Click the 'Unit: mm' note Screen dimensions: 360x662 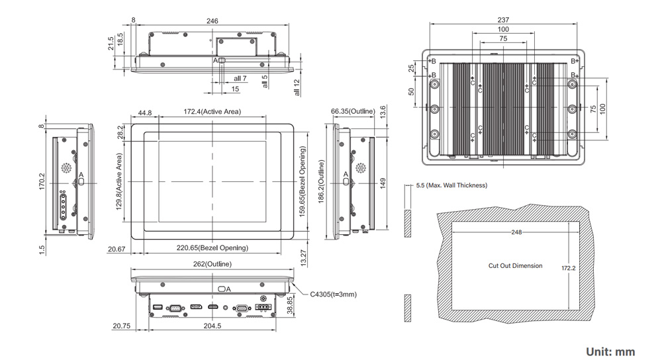coord(610,351)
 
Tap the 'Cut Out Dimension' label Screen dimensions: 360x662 coord(515,265)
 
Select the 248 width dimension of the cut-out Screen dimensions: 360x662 coord(516,232)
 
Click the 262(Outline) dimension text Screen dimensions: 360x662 coord(212,263)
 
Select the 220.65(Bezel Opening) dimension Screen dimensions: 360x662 coord(212,247)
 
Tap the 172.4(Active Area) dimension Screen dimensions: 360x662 coord(212,112)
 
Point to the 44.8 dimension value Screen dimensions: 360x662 coord(145,112)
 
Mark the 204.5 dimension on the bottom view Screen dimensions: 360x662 coord(213,326)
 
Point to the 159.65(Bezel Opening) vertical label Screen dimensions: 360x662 coord(302,183)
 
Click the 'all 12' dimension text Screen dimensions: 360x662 coord(297,87)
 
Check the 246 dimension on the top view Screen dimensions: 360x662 coord(213,21)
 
